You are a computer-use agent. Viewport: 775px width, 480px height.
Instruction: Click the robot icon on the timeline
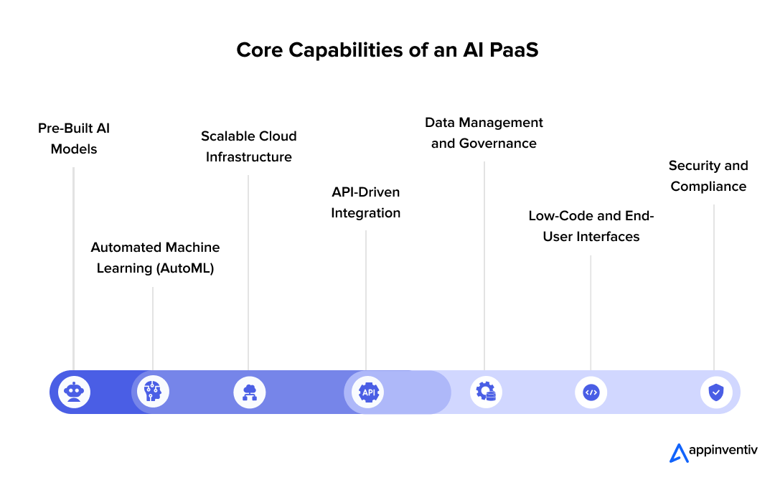(x=74, y=392)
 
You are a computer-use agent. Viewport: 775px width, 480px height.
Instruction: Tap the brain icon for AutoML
(x=153, y=392)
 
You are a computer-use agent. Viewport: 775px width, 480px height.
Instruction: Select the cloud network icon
(x=250, y=392)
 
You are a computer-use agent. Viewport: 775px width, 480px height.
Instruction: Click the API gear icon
(x=368, y=392)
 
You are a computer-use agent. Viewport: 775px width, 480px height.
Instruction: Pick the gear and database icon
(x=487, y=392)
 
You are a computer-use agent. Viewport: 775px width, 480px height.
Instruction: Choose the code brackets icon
(x=591, y=392)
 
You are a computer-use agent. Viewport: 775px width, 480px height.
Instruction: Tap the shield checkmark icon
(x=715, y=392)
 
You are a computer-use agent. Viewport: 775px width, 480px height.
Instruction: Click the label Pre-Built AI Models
(x=74, y=139)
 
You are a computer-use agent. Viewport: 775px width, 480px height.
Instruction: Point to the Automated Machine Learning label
(x=155, y=258)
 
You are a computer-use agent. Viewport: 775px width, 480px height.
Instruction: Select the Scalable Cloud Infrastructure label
(x=248, y=146)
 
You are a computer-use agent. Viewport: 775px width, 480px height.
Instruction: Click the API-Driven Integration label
(x=365, y=202)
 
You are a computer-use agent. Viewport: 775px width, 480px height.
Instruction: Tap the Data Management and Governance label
(x=484, y=133)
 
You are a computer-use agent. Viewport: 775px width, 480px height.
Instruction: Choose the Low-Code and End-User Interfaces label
(x=591, y=226)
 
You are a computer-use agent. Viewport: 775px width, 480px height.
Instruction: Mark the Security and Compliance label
(x=708, y=176)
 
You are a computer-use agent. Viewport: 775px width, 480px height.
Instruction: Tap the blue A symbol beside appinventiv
(x=677, y=453)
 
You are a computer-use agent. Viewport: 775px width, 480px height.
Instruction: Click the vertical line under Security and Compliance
(x=714, y=287)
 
